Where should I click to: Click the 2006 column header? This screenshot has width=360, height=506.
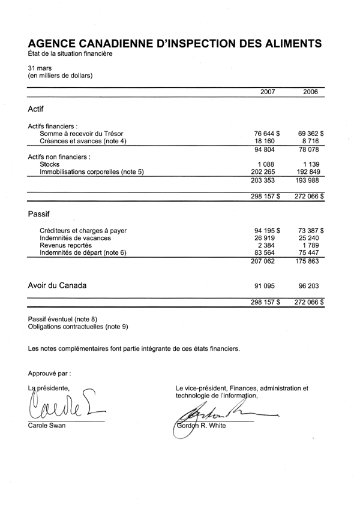tap(310, 92)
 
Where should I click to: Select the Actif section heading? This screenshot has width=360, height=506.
tap(36, 110)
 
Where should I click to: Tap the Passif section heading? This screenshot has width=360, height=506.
tap(38, 213)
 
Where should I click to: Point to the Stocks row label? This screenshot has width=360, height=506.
tap(50, 164)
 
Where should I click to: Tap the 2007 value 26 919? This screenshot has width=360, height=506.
tap(267, 237)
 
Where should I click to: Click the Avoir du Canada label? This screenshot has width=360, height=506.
tap(57, 286)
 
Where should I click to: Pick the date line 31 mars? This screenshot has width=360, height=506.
tap(39, 68)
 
